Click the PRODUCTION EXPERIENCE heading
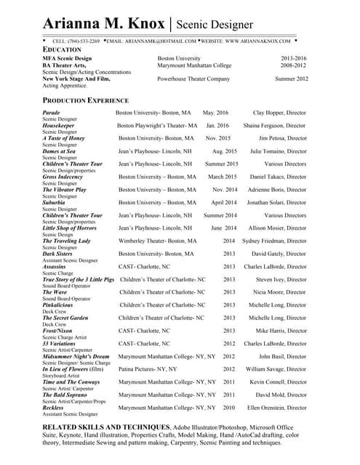coord(86,100)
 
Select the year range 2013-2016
coord(293,58)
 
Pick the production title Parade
coord(52,113)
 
